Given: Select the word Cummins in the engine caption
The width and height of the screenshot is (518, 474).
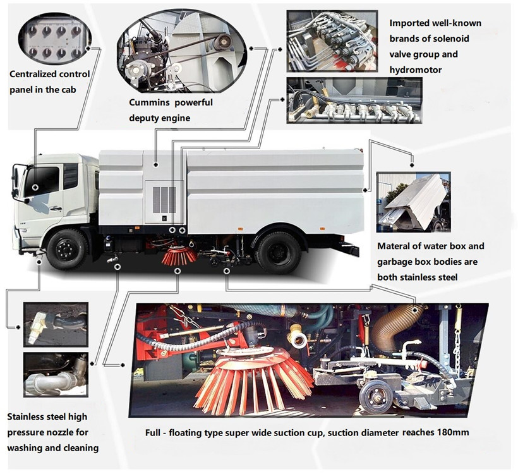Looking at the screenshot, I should tap(151, 103).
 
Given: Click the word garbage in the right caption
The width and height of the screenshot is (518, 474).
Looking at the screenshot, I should tap(397, 262).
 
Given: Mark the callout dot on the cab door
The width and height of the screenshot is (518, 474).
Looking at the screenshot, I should tap(35, 188).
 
